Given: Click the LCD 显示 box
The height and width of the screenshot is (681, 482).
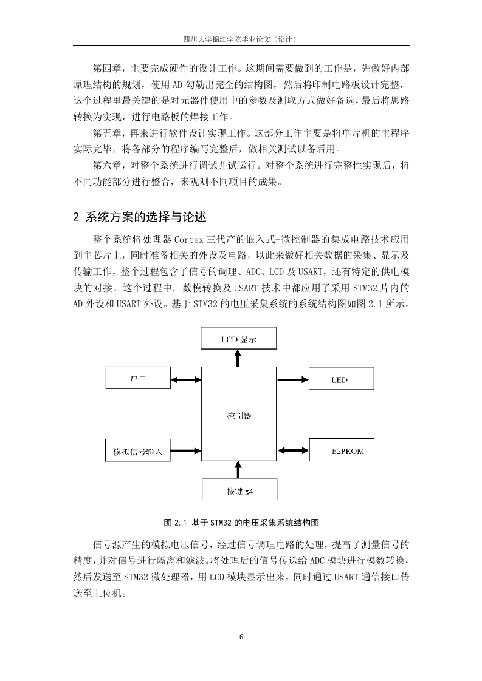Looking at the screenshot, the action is click(238, 338).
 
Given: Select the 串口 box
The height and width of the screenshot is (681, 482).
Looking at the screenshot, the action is click(139, 378).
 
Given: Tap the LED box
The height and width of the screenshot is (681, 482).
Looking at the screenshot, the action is click(342, 378).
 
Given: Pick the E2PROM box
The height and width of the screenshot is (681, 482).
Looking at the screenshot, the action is click(342, 450).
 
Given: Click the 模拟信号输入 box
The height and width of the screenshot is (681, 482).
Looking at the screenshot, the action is click(138, 450).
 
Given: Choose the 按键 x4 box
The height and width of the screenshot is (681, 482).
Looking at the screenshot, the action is click(239, 489).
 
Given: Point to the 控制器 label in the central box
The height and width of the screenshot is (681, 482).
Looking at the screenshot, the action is click(239, 416).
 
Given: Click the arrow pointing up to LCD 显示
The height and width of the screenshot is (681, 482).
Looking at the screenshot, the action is click(238, 358).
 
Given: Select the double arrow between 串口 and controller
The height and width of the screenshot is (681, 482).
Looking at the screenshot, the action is click(186, 380).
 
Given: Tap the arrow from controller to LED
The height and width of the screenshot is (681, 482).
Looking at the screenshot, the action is click(293, 379).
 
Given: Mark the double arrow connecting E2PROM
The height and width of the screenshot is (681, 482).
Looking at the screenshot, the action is click(293, 450).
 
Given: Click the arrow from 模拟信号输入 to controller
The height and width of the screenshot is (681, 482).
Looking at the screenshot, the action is click(186, 450).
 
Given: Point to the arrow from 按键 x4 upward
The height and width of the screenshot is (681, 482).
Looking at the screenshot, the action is click(238, 470).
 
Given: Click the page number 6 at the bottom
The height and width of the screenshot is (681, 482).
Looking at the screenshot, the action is click(241, 637).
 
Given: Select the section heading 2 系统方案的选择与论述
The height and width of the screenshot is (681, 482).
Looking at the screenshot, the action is click(140, 217).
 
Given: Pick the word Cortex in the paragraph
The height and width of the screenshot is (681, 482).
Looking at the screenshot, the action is click(189, 239).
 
